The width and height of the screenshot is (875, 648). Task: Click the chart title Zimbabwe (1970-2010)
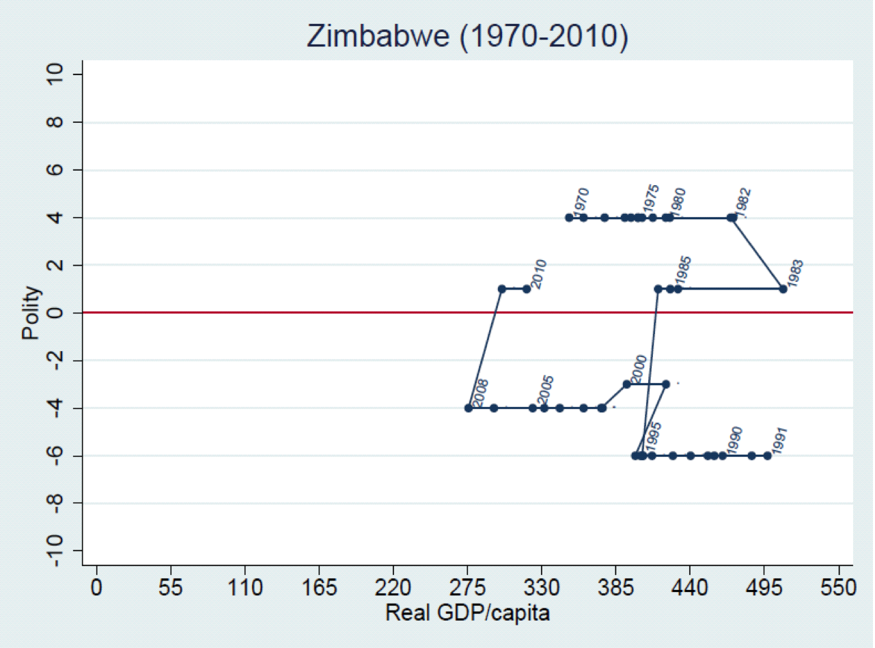pos(467,38)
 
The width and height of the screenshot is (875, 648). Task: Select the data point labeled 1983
pos(783,289)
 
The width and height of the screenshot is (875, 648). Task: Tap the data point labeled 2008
pos(469,408)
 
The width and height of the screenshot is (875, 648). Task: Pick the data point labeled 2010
pos(527,289)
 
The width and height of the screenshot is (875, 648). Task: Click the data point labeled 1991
pos(767,455)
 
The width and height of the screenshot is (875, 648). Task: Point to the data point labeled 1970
pos(569,218)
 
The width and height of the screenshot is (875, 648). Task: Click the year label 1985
pos(683,272)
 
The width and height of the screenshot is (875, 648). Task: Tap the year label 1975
pos(650,199)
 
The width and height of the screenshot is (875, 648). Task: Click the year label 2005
pos(545,391)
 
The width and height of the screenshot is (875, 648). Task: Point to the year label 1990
pos(735,440)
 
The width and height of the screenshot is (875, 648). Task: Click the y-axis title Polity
pos(31,313)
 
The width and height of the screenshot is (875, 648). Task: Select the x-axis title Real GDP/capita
pos(467,612)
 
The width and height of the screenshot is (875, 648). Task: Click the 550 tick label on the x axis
pos(839,589)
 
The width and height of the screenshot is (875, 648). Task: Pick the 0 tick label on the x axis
pos(97,589)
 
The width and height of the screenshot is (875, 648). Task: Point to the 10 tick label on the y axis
pos(56,74)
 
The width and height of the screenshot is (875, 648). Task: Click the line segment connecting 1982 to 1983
pos(758,253)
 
